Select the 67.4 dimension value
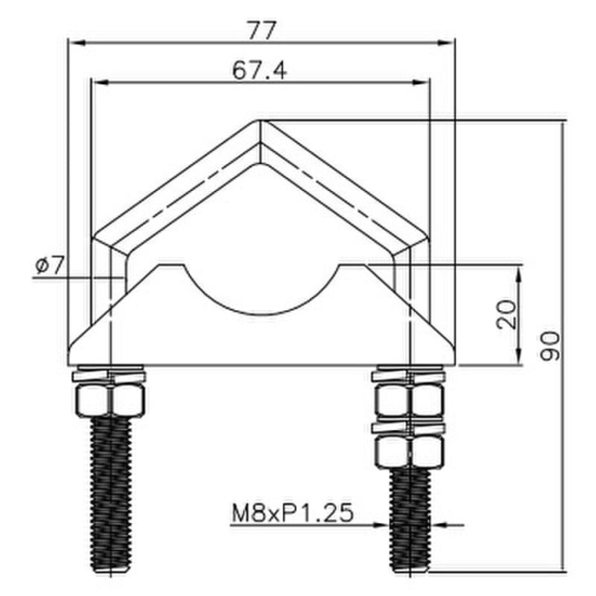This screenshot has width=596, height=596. pyautogui.click(x=260, y=71)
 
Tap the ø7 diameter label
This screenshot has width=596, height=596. pyautogui.click(x=48, y=266)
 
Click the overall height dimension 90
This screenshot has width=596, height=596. pyautogui.click(x=550, y=346)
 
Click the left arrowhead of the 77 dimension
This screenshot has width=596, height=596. pyautogui.click(x=72, y=41)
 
